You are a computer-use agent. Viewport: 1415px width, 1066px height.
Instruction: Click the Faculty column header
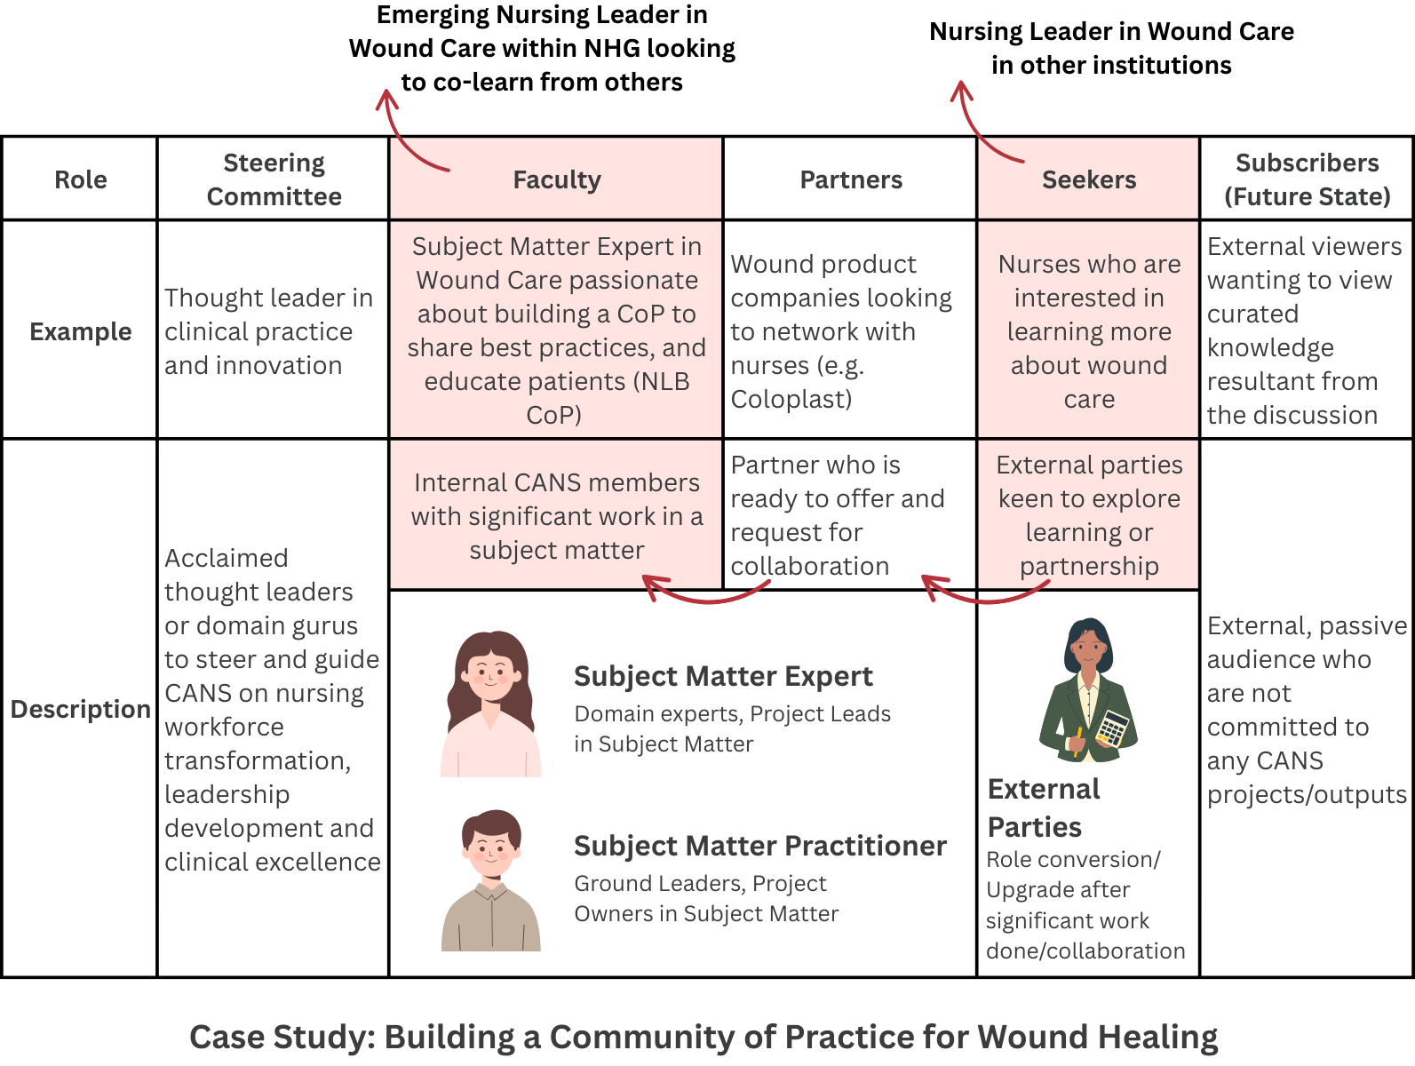[x=557, y=179]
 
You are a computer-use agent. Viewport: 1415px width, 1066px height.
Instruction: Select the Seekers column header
[x=1088, y=179]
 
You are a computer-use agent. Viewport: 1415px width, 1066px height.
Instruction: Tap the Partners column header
[x=851, y=179]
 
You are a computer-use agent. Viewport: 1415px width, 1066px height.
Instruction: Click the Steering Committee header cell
[x=274, y=179]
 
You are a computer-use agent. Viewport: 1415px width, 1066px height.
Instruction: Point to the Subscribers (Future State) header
[x=1307, y=179]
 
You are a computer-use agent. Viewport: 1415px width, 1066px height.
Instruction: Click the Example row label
[x=80, y=331]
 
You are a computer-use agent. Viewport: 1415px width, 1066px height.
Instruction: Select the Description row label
[x=80, y=709]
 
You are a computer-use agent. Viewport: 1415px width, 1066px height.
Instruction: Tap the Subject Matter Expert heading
[x=723, y=676]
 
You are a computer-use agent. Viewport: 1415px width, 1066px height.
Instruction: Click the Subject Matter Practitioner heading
[x=759, y=846]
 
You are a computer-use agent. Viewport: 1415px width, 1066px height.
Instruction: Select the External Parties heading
[x=1044, y=807]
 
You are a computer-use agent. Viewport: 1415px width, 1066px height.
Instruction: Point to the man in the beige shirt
[x=491, y=879]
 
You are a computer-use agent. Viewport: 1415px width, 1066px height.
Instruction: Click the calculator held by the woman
[x=1112, y=728]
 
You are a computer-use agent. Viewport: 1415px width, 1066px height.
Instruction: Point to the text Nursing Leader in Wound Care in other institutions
[x=1111, y=48]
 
